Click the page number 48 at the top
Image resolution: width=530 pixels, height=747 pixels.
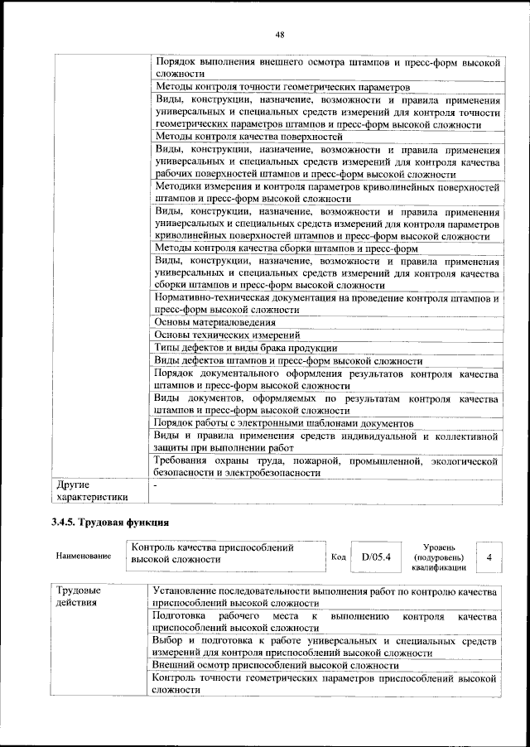280,34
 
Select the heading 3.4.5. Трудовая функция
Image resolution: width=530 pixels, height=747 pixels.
110,523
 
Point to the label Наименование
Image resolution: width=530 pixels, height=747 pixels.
84,556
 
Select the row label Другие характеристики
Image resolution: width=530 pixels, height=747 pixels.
91,490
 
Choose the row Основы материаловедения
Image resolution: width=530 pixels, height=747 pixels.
215,322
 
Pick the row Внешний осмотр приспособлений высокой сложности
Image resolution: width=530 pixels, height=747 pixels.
277,665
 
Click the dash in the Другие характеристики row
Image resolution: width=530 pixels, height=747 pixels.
156,485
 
